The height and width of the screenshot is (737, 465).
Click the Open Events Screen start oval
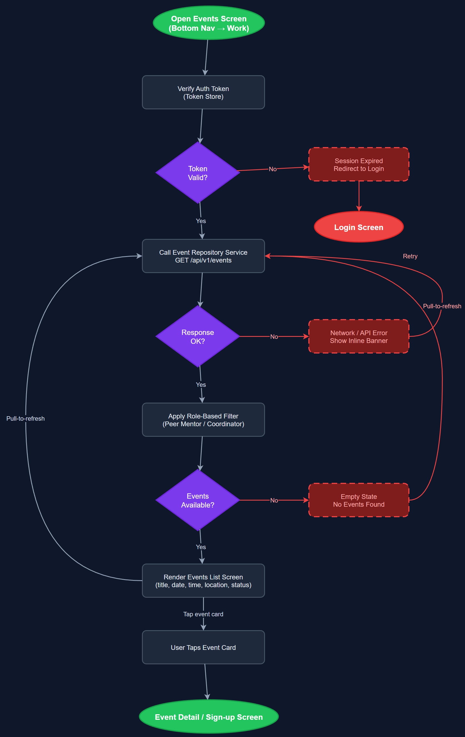209,23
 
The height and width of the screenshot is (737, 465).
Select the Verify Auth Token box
203,92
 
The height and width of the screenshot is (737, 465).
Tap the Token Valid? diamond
197,173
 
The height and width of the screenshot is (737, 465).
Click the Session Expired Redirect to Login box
359,165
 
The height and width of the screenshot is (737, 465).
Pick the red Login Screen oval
359,227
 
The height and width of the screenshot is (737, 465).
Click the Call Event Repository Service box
203,256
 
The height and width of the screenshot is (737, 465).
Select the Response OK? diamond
197,337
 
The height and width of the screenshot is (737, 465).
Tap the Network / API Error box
359,337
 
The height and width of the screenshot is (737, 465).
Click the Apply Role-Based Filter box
203,420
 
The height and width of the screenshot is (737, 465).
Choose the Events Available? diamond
197,500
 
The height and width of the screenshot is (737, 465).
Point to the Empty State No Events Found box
359,500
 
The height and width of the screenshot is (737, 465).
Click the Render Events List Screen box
203,581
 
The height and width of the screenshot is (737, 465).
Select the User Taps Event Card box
203,647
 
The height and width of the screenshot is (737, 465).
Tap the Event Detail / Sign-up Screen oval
209,717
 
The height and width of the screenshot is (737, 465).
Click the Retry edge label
410,256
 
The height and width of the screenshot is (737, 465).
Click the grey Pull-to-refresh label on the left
26,418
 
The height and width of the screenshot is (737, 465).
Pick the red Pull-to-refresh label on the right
442,306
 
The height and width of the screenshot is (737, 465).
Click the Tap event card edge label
203,614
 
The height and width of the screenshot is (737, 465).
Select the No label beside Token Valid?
272,169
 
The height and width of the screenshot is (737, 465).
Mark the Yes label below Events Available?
201,547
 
